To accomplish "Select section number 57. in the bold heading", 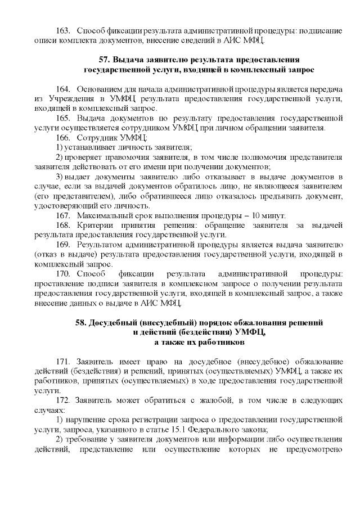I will pos(103,60).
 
